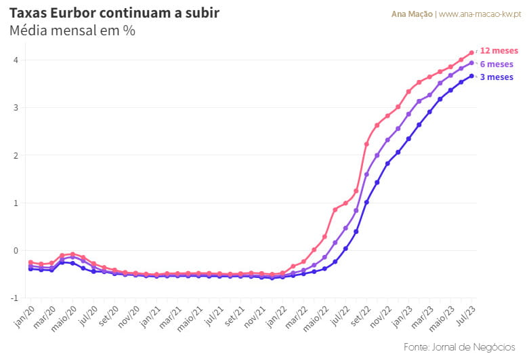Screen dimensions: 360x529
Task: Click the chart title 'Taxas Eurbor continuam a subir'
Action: click(x=114, y=13)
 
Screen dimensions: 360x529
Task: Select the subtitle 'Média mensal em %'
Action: click(x=72, y=31)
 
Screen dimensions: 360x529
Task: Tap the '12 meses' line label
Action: click(x=499, y=51)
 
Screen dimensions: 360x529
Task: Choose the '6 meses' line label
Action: click(x=496, y=64)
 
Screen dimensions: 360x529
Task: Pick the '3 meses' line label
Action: click(x=496, y=77)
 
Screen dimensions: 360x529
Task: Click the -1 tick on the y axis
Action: click(x=14, y=298)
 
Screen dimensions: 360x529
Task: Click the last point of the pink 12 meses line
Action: click(x=471, y=52)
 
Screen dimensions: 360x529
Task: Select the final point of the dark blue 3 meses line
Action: click(x=471, y=76)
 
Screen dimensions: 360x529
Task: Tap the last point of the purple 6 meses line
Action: click(x=471, y=63)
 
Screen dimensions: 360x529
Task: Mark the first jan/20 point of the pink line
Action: click(x=30, y=262)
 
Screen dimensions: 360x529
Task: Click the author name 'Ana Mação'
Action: click(x=412, y=14)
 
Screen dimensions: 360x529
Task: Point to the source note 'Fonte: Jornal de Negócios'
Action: click(x=460, y=346)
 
